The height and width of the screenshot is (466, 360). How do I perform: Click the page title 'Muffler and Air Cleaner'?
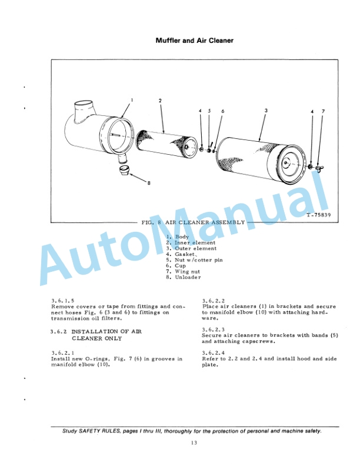click(x=194, y=41)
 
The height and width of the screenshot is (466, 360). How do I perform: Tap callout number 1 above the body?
click(x=132, y=100)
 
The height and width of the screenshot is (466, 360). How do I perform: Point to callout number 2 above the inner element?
click(x=160, y=101)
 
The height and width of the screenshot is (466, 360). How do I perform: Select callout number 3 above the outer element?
click(x=266, y=110)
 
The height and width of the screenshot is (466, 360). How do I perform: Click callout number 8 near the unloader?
click(x=149, y=183)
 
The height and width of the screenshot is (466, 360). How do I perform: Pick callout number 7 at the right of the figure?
click(x=323, y=111)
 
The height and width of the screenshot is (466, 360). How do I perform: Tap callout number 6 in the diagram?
click(x=223, y=111)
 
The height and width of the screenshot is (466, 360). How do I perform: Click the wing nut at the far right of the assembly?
click(x=319, y=168)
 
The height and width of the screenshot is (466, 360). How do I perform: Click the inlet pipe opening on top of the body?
click(x=83, y=105)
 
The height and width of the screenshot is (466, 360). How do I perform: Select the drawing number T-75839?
click(x=319, y=215)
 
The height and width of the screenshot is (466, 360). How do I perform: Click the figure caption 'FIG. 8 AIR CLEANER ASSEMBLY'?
click(x=193, y=222)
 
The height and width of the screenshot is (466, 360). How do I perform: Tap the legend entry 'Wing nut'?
click(x=188, y=271)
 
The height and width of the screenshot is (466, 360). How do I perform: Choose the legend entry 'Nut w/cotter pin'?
click(x=199, y=260)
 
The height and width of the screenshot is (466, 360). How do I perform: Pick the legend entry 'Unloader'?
click(x=188, y=277)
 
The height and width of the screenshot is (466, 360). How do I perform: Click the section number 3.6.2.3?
click(x=214, y=329)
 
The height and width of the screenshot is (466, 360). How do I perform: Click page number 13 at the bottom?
click(x=194, y=443)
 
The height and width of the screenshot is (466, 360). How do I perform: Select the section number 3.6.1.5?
click(x=63, y=301)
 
